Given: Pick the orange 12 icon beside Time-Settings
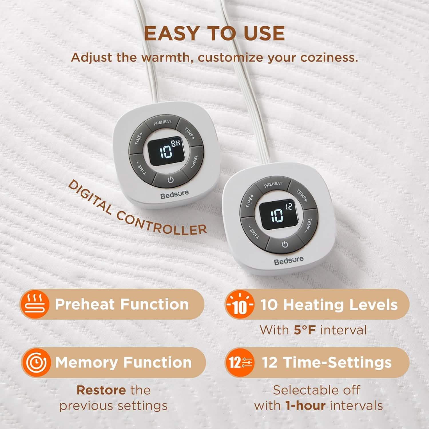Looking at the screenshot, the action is click(240, 363).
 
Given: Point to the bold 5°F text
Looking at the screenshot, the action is click(305, 330).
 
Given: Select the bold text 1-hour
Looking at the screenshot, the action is click(305, 406).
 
